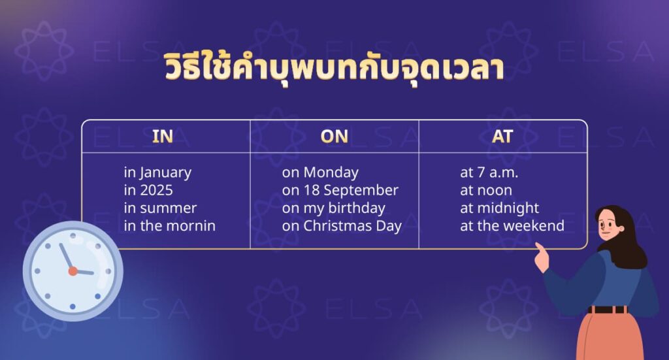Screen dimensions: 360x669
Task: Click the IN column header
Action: pos(163,136)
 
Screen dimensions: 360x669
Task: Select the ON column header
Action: pos(334,136)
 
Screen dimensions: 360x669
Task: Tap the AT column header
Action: pos(503,136)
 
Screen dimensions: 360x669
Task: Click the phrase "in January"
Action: pos(157,173)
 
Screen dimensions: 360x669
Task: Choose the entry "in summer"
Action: pos(160,208)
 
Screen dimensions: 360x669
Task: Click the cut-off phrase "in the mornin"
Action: pos(169,226)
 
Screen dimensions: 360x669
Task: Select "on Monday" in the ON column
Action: pos(320,173)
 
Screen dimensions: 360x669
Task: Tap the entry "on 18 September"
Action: pos(340,191)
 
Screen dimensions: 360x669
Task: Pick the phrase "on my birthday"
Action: pos(333,208)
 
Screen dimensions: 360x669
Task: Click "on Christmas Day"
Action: pos(342,226)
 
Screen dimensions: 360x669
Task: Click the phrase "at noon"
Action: pos(485,191)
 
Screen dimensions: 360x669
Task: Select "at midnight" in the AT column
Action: pos(499,208)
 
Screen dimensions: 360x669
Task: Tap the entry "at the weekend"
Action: pos(512,226)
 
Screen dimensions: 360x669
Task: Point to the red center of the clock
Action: pos(73,270)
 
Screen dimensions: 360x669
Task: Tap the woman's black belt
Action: pos(607,309)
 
